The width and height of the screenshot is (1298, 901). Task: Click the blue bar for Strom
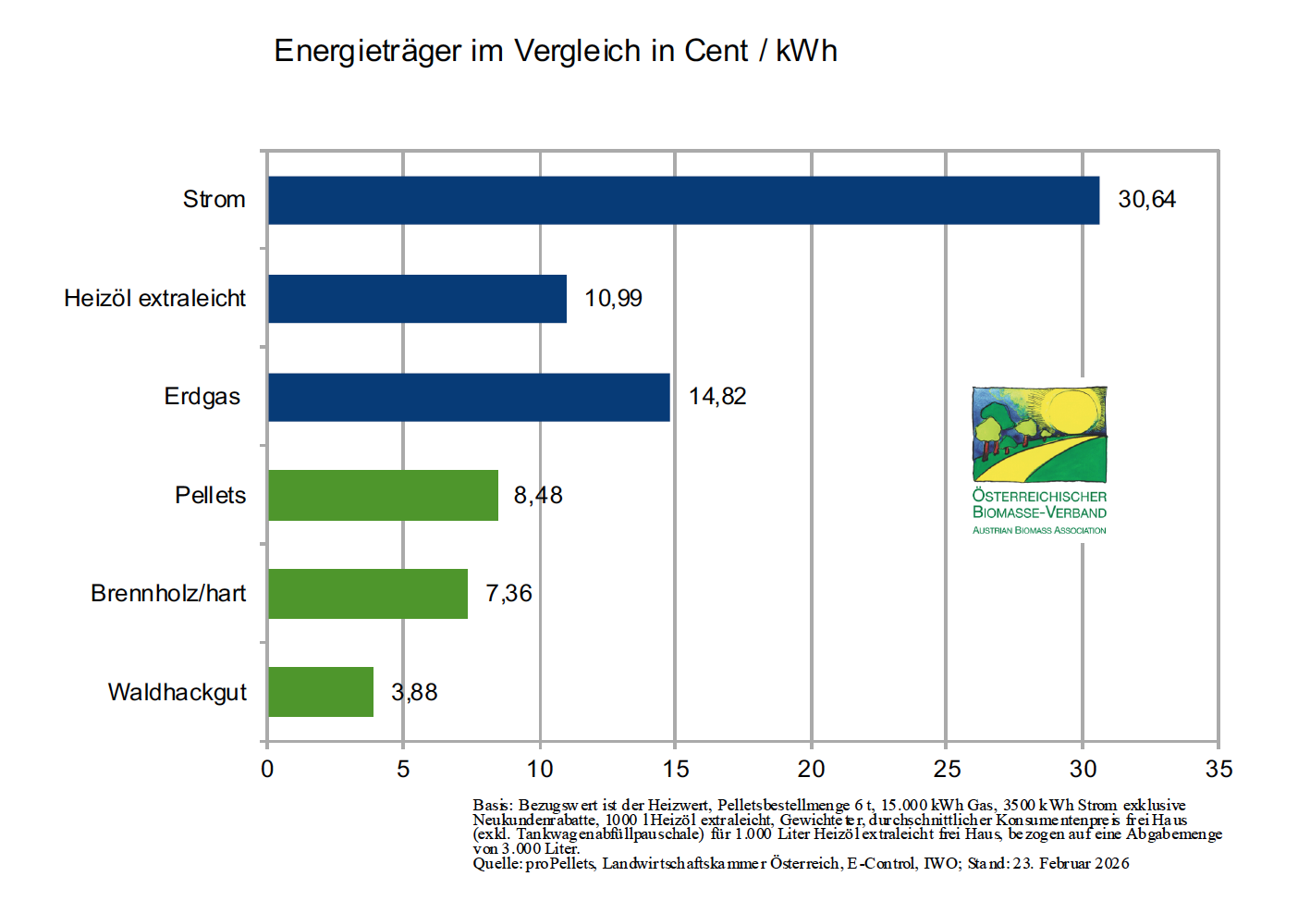tap(683, 200)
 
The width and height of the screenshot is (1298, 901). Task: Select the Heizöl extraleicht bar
tap(417, 299)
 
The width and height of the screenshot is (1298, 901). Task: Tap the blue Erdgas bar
tap(469, 397)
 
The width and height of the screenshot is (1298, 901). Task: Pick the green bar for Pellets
tap(383, 495)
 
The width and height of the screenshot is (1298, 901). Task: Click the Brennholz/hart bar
tap(368, 594)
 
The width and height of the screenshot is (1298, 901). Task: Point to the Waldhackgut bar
tap(321, 692)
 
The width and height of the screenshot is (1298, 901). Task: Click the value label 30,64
tap(1146, 200)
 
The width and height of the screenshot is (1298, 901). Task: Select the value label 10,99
tap(613, 299)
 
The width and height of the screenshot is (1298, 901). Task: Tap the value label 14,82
tap(717, 397)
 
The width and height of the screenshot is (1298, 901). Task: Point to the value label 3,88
tap(414, 692)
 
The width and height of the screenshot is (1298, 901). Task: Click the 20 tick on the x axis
tap(811, 769)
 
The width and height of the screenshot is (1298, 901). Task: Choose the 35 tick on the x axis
tap(1218, 769)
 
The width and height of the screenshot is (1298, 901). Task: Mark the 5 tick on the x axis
tap(403, 769)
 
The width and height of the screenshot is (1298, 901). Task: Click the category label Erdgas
tap(202, 397)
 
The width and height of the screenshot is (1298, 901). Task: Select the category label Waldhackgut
tap(178, 692)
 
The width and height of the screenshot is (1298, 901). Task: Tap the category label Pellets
tap(210, 495)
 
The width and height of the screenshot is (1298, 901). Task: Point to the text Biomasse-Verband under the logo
tap(1039, 512)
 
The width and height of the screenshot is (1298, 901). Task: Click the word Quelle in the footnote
tap(496, 863)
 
